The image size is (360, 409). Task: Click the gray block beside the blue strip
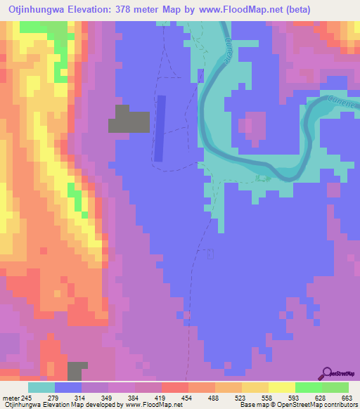[x=129, y=119]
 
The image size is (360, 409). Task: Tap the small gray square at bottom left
[x=77, y=371]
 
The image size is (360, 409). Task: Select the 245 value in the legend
[x=27, y=398]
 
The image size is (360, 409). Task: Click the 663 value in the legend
[x=345, y=398]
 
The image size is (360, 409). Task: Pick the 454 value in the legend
[x=172, y=398]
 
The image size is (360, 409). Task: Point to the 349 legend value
[x=101, y=398]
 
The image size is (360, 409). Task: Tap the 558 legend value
[x=248, y=398]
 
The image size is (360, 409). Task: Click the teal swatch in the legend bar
[x=41, y=387]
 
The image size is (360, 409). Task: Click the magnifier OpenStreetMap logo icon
[x=326, y=373]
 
